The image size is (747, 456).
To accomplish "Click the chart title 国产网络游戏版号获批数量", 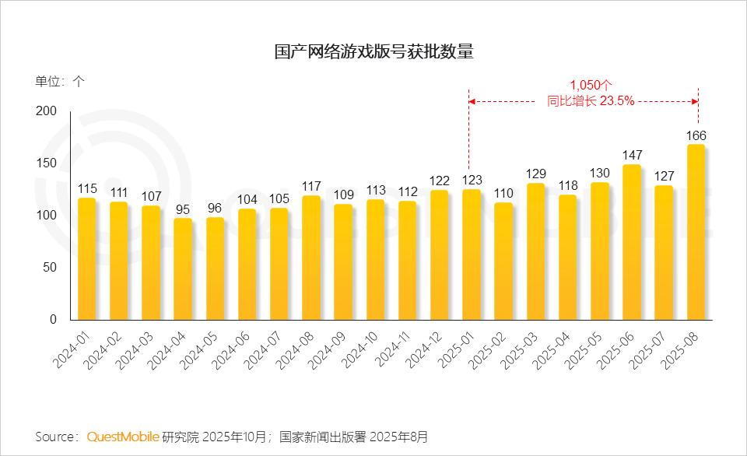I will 373,52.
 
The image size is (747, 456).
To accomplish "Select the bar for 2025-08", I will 696,233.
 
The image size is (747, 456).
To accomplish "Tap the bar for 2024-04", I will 183,269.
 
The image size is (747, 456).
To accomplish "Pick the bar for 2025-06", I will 632,243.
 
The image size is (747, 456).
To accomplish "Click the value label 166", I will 696,136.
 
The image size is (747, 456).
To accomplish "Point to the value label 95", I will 183,209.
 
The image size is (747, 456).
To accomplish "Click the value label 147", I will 632,156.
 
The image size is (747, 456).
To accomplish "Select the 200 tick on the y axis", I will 47,111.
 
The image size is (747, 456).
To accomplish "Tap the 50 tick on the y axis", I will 50,268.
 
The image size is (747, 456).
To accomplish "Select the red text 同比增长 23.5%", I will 591,100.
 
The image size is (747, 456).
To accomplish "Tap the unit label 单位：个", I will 60,81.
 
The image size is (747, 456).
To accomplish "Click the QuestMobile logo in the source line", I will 123,437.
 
